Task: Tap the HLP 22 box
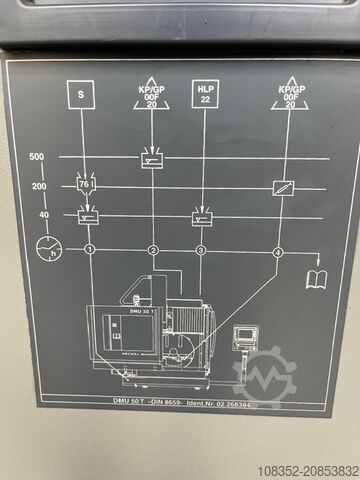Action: [x=204, y=95]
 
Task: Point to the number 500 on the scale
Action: [x=37, y=158]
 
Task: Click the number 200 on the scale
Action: [x=38, y=187]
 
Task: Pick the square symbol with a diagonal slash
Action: [x=283, y=187]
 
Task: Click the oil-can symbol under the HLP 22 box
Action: [x=202, y=216]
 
